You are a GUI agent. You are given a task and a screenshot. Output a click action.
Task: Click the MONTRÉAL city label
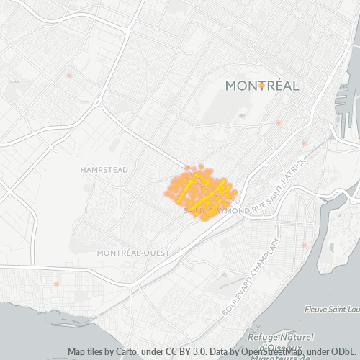coord(262,85)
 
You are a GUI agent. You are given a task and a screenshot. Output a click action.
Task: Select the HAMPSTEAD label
coord(104,170)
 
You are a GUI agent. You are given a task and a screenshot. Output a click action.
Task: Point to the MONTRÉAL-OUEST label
coord(133,253)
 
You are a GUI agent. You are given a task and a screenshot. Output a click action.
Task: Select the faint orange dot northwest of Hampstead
coord(69,76)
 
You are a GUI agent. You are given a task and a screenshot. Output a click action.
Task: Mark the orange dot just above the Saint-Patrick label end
coord(305,143)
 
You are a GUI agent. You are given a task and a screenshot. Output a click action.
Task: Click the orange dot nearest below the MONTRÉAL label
coord(278,123)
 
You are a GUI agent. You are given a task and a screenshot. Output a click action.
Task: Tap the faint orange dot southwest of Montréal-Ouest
coord(55,284)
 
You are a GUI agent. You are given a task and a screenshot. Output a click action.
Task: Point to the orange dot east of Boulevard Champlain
coord(304,246)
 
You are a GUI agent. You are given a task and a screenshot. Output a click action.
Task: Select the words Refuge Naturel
coord(281,337)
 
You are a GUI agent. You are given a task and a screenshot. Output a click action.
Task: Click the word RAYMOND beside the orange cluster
coord(229,210)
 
